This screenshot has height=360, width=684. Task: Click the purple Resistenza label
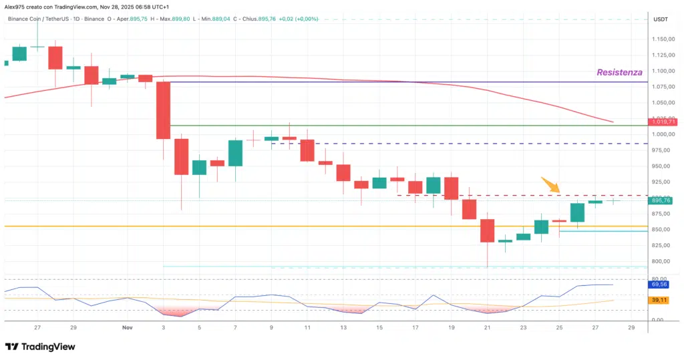click(x=619, y=71)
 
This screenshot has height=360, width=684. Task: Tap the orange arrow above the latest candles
click(x=550, y=184)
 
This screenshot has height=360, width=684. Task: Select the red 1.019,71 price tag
click(x=665, y=122)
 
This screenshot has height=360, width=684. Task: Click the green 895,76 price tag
click(x=664, y=200)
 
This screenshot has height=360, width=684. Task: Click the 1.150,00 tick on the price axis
click(x=664, y=39)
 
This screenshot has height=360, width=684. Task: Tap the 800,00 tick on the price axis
click(x=661, y=261)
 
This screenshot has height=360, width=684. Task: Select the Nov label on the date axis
click(x=128, y=328)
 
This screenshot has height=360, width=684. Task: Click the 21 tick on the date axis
click(x=487, y=328)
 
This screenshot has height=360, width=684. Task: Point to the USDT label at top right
click(x=660, y=19)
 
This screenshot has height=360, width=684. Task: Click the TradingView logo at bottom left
click(x=40, y=347)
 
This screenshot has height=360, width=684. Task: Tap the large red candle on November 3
click(x=163, y=110)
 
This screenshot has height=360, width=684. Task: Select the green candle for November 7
click(x=235, y=153)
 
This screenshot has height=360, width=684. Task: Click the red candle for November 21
click(x=487, y=230)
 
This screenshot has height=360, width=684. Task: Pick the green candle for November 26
click(x=577, y=212)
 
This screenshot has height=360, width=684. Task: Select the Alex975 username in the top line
click(x=15, y=6)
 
